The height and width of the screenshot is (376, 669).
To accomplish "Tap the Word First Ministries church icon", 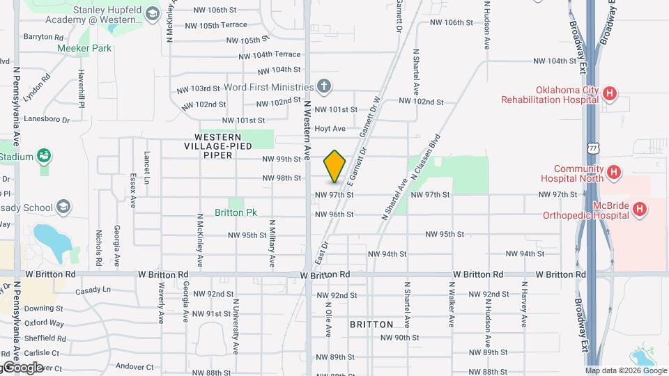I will pyautogui.click(x=323, y=87).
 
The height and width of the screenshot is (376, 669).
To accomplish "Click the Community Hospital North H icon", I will pyautogui.click(x=613, y=171).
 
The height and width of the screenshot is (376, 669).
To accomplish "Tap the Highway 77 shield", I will pyautogui.click(x=593, y=149).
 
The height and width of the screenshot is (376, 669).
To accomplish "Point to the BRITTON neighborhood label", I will pyautogui.click(x=371, y=324).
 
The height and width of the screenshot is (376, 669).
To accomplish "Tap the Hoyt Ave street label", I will pyautogui.click(x=330, y=129).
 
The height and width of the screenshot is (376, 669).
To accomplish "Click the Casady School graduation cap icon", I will pyautogui.click(x=64, y=207).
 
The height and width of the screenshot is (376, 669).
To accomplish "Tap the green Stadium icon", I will pyautogui.click(x=45, y=156).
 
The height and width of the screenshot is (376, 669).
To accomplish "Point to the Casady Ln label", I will pyautogui.click(x=93, y=290).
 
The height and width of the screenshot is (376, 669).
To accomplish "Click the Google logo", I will pyautogui.click(x=22, y=367).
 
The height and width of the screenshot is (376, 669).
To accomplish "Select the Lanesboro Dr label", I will pyautogui.click(x=47, y=120).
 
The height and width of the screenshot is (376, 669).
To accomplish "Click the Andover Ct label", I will pyautogui.click(x=134, y=366).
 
